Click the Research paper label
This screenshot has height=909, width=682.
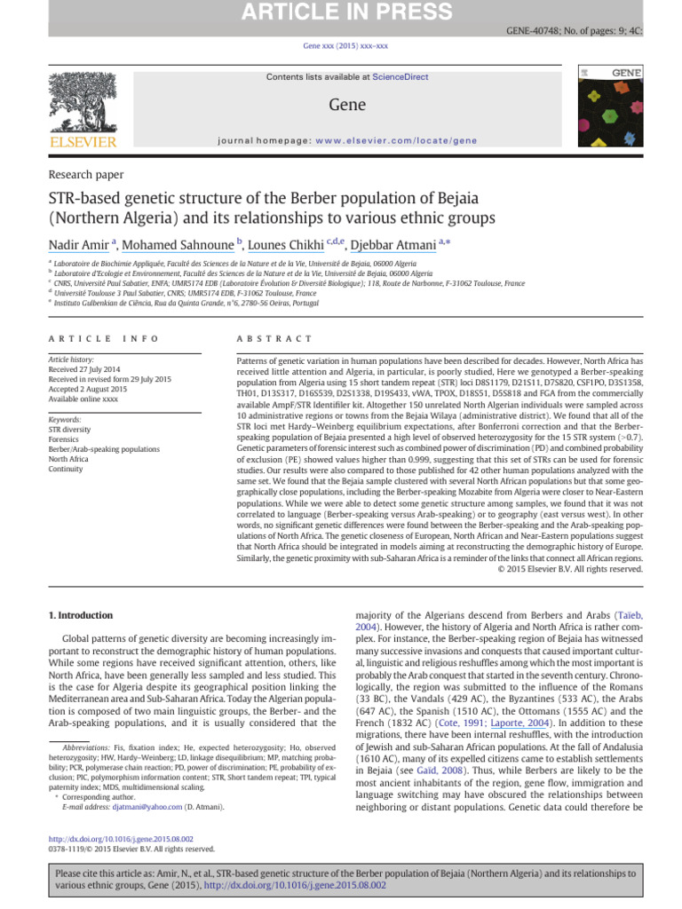coord(85,175)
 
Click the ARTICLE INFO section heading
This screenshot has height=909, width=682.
coord(104,339)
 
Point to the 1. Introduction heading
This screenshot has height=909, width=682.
coord(80,615)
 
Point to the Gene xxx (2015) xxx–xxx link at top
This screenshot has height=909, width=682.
coord(340,45)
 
